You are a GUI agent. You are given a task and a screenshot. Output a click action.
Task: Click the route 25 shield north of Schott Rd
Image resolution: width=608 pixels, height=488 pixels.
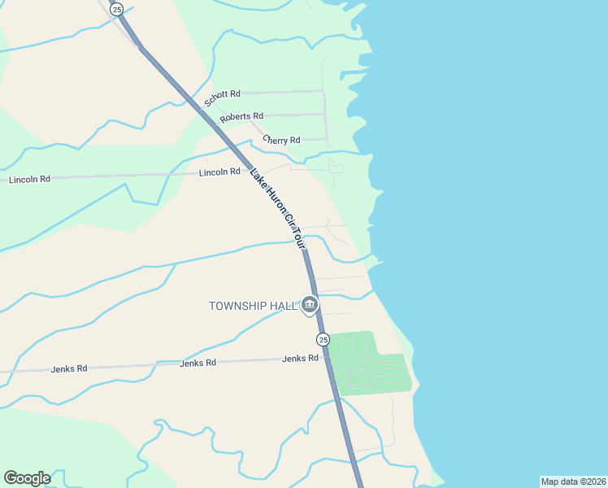click(118, 10)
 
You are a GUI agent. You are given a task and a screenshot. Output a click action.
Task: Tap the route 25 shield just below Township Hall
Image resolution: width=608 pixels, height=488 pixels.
click(323, 339)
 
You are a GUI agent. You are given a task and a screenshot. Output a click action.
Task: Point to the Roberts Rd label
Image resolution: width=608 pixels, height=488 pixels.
click(241, 117)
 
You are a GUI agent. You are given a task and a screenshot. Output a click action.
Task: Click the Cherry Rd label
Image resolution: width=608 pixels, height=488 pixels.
click(281, 140)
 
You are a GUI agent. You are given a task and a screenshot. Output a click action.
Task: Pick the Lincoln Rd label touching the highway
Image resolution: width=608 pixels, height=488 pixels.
click(220, 172)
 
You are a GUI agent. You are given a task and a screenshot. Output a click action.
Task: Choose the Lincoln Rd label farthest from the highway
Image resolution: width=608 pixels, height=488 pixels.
click(29, 179)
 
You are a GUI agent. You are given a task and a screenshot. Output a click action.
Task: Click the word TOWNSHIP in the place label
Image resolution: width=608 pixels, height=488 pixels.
click(241, 306)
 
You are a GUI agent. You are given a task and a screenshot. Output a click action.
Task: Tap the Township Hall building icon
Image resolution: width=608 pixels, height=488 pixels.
click(310, 305)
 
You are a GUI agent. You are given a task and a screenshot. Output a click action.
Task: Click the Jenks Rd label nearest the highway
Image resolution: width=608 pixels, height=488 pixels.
click(300, 358)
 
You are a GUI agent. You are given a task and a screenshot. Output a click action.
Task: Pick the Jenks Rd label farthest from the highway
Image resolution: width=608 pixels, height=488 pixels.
click(68, 368)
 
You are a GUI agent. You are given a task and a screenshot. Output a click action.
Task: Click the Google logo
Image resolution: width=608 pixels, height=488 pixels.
click(27, 478)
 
